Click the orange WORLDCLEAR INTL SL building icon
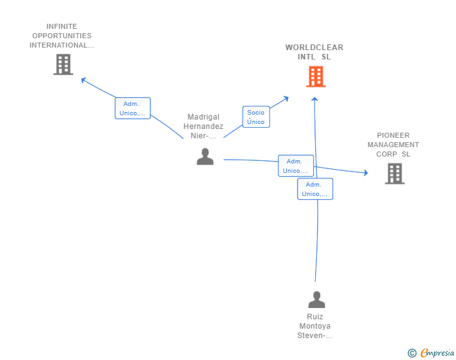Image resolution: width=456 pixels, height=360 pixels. (x=316, y=76)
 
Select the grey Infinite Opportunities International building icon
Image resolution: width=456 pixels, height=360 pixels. (x=63, y=64)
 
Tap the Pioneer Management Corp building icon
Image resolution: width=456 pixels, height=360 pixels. (x=395, y=173)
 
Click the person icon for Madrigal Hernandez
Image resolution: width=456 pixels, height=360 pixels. (x=205, y=157)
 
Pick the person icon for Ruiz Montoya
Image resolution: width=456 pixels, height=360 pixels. (x=317, y=300)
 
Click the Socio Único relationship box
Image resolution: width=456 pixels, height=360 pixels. (x=256, y=117)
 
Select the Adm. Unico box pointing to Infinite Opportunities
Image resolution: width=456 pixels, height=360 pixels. (x=132, y=108)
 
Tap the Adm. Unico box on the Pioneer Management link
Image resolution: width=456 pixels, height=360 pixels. (x=296, y=166)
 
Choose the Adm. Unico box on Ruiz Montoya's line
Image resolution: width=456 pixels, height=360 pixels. (x=314, y=189)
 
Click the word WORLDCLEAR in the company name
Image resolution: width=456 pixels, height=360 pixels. (x=314, y=48)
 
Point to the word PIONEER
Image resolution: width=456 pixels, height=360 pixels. (x=393, y=135)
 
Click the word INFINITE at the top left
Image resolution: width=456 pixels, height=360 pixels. (x=62, y=26)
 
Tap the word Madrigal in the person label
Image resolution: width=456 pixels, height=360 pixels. (x=204, y=117)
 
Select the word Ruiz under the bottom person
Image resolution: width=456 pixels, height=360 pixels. (x=315, y=317)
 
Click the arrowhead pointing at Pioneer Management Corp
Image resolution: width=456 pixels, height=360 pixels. (x=366, y=173)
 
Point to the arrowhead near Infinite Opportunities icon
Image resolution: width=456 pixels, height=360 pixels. (x=83, y=79)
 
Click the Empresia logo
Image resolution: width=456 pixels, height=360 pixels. (x=437, y=353)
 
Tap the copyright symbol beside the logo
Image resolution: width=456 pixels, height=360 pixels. (x=412, y=353)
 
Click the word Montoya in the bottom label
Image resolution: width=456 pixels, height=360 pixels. (x=315, y=326)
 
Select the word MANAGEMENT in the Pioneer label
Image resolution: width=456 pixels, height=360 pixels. (x=393, y=145)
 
